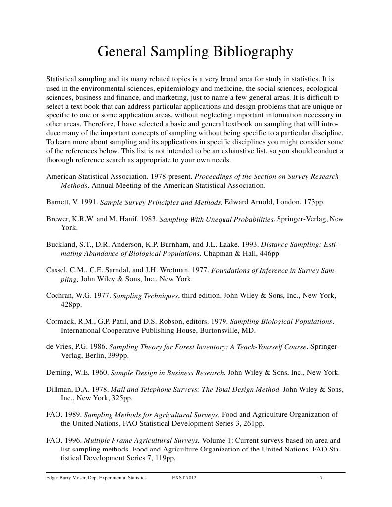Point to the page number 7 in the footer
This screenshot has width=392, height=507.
click(x=321, y=478)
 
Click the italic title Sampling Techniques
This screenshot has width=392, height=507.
click(x=145, y=296)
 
